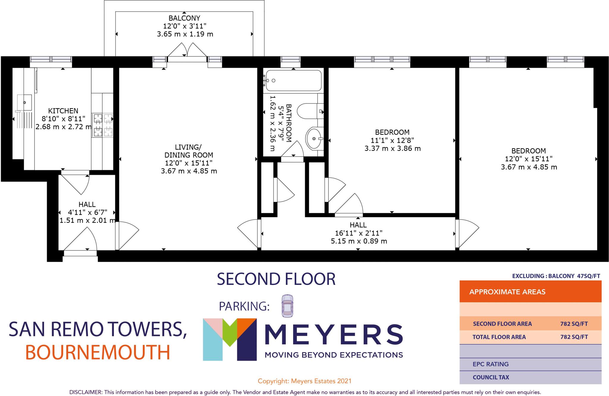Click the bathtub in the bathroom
point(294,80)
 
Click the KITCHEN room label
point(63,111)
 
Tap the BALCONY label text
point(184,18)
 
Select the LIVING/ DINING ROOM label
point(189,151)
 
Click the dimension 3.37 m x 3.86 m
point(393,148)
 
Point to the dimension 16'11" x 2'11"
point(358,233)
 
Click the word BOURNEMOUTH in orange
point(98,352)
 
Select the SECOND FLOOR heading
point(276,279)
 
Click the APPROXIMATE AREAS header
point(507,292)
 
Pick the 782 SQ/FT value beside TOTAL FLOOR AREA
point(574,337)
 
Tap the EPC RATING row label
point(491,364)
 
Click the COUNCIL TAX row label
point(491,377)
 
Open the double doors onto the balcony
point(187,53)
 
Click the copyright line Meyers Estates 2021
point(304,381)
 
